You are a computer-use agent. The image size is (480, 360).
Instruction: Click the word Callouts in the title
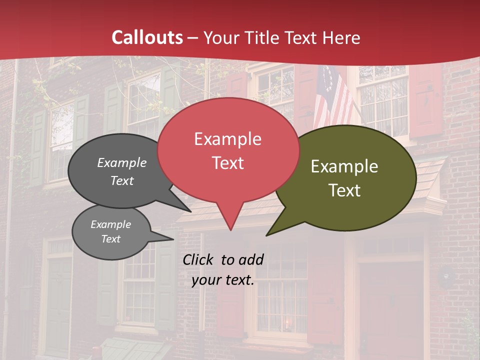tap(147, 37)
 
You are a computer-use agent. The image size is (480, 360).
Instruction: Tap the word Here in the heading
tap(342, 37)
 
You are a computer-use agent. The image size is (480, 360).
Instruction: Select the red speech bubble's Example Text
tap(228, 151)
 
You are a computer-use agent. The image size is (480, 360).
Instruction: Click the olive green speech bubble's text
tap(344, 178)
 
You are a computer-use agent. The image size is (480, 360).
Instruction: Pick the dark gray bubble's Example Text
tap(122, 171)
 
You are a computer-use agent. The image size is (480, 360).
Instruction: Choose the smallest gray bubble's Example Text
tap(111, 231)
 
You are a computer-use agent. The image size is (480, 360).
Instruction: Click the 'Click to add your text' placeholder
tap(223, 269)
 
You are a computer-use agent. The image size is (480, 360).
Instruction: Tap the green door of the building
tap(58, 305)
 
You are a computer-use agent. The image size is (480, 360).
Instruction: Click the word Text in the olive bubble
tap(345, 190)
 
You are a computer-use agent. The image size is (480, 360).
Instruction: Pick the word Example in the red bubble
tap(228, 139)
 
